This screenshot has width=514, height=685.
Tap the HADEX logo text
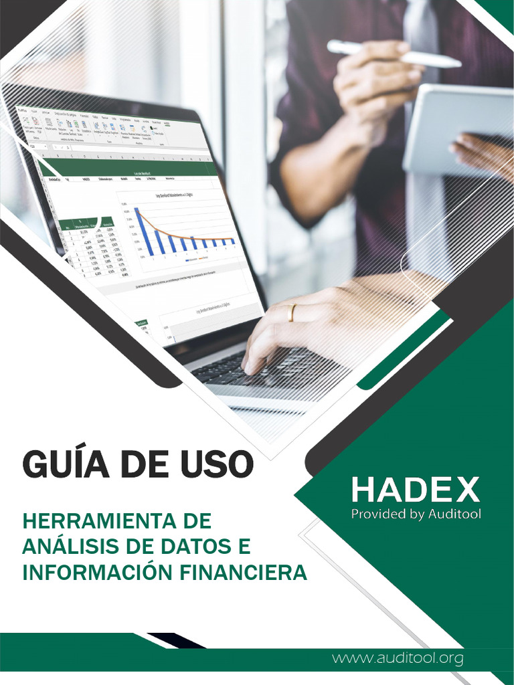tap(416, 490)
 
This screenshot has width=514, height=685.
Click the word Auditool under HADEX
tap(453, 514)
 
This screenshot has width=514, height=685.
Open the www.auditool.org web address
tap(398, 658)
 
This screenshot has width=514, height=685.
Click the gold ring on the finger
tap(291, 313)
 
